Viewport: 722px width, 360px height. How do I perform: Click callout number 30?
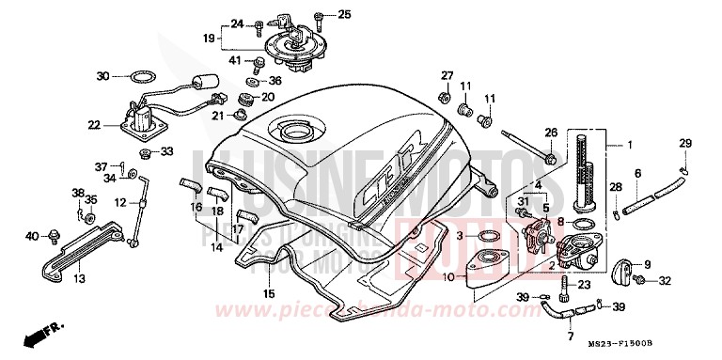[x=103, y=74]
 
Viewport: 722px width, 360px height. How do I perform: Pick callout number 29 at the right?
[x=685, y=142]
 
